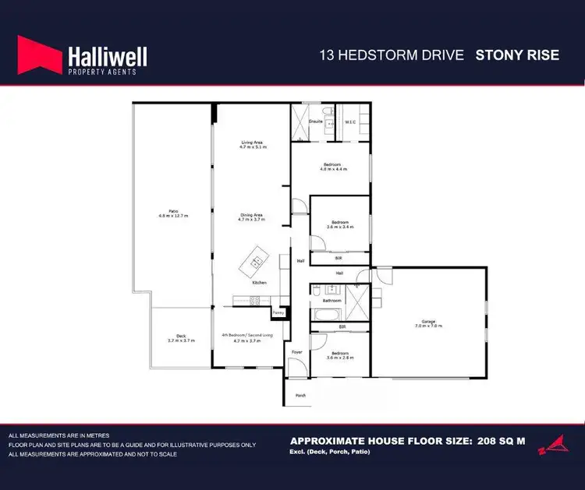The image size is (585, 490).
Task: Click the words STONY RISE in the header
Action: click(x=516, y=55)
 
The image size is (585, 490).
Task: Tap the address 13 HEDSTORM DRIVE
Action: click(x=392, y=55)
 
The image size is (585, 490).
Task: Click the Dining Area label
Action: click(x=252, y=217)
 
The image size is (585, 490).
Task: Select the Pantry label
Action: click(x=278, y=313)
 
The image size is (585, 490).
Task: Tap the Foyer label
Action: click(x=296, y=352)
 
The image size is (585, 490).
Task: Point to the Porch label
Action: click(x=300, y=395)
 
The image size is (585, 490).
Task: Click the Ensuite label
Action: click(x=316, y=122)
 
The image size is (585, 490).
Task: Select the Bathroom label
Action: click(x=331, y=300)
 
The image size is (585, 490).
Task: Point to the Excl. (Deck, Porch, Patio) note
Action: click(x=328, y=453)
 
